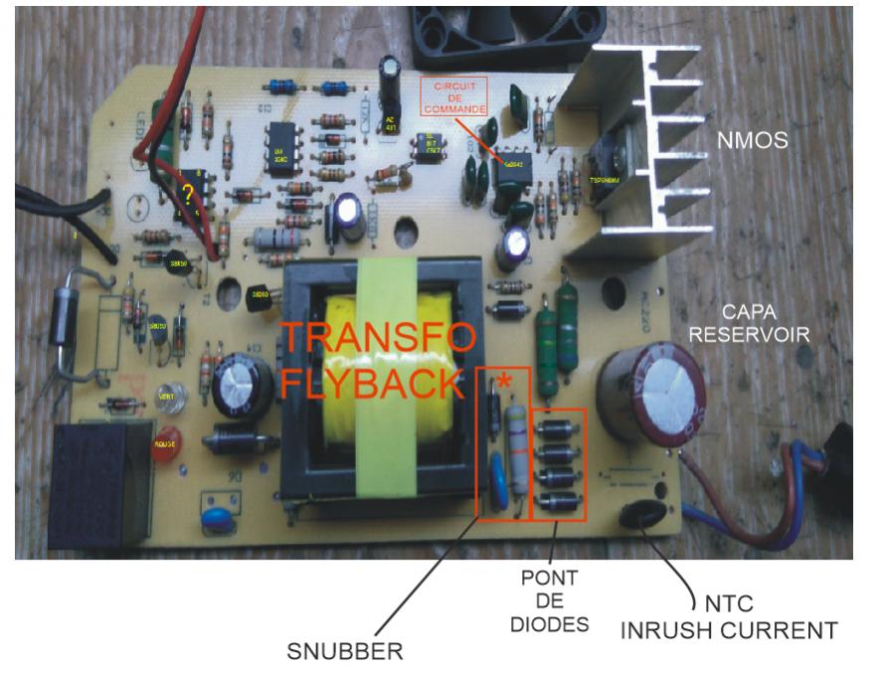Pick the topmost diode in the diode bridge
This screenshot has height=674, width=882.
coord(559,430)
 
